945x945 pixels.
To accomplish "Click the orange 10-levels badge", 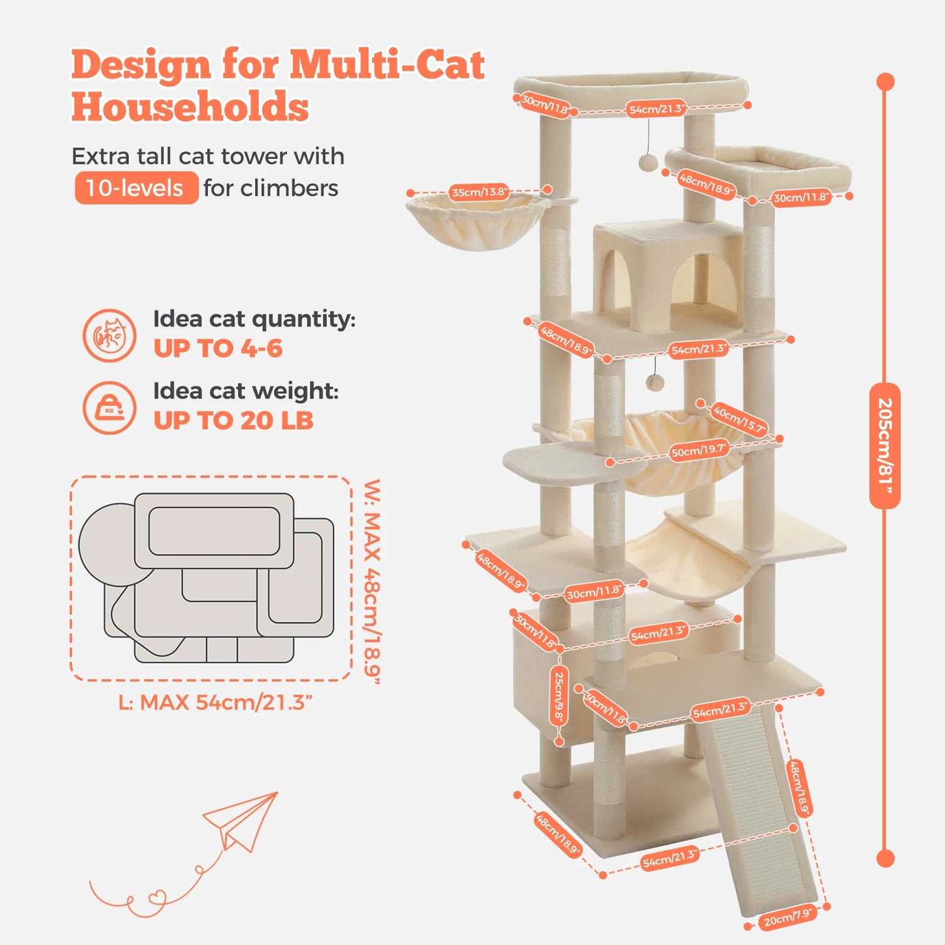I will pos(136,188).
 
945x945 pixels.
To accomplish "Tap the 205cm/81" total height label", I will pos(885,446).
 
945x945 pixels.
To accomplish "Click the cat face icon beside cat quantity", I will pos(110,335).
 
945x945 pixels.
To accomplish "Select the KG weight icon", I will pos(110,408).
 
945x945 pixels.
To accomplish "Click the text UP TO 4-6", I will pos(218,349).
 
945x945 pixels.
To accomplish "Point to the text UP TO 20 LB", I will pos(233,421).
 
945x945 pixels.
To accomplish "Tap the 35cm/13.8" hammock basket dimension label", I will pos(479,192).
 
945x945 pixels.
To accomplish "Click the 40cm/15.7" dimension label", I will pos(739,419).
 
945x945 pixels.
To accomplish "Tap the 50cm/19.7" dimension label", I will pos(698,451).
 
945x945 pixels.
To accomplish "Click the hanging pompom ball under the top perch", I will pos(647,162).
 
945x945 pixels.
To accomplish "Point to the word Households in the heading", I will pos(190,107).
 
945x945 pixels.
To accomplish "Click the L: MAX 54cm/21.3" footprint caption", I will pos(215,702).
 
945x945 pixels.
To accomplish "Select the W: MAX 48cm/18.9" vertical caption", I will pos(372,581).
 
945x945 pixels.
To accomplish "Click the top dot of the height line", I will pos(885,82).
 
